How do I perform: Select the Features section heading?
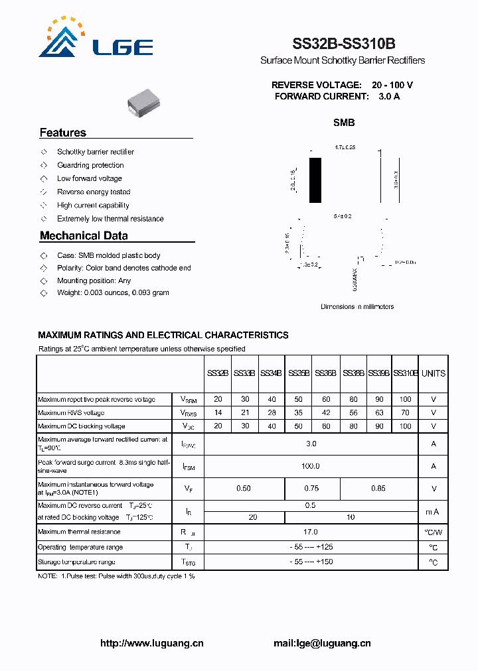pyautogui.click(x=63, y=133)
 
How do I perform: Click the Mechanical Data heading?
pyautogui.click(x=84, y=235)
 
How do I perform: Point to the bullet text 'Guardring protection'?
pyautogui.click(x=90, y=165)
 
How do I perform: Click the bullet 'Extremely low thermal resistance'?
pyautogui.click(x=110, y=219)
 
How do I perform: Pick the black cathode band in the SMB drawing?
pyautogui.click(x=315, y=180)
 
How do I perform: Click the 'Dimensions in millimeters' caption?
pyautogui.click(x=357, y=306)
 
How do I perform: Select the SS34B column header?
pyautogui.click(x=271, y=373)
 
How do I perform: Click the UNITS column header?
pyautogui.click(x=434, y=373)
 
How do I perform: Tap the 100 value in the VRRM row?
pyautogui.click(x=405, y=399)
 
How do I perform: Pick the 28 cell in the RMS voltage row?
pyautogui.click(x=271, y=412)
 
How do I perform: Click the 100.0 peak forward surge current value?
pyautogui.click(x=311, y=466)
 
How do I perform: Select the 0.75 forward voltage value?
pyautogui.click(x=311, y=489)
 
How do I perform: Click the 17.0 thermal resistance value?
pyautogui.click(x=311, y=532)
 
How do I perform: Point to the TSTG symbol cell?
pyautogui.click(x=188, y=562)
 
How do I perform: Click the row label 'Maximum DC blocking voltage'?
pyautogui.click(x=81, y=426)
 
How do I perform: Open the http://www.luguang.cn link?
pyautogui.click(x=151, y=643)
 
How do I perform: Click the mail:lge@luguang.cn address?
pyautogui.click(x=322, y=643)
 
